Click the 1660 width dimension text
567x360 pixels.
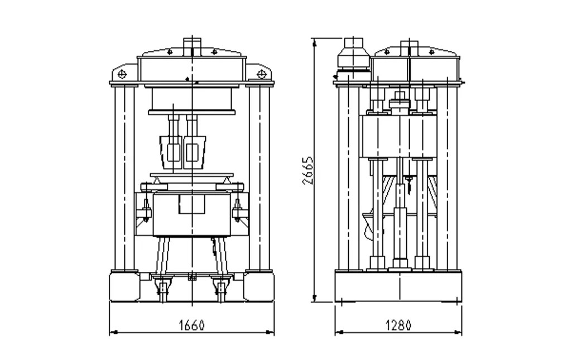(x=191, y=325)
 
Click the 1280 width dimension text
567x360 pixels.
(x=398, y=325)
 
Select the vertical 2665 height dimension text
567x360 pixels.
(x=307, y=170)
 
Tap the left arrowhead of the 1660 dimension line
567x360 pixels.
(x=112, y=333)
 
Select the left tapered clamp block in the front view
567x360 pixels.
(x=171, y=152)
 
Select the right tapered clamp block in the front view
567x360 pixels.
(x=194, y=152)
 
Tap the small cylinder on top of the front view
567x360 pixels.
(x=191, y=44)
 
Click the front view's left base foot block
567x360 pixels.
(x=124, y=287)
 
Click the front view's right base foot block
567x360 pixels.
(x=259, y=287)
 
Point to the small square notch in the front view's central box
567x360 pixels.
(x=191, y=203)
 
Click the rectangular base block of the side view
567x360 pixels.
(x=398, y=286)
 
